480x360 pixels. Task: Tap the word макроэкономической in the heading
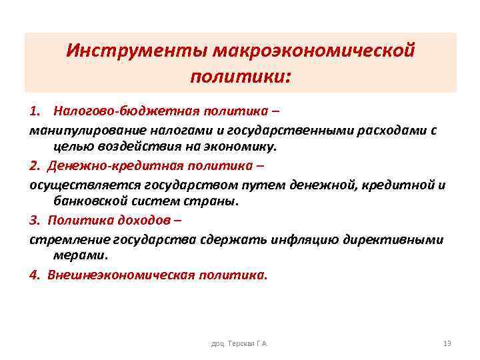311,51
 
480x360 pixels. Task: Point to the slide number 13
447,343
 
